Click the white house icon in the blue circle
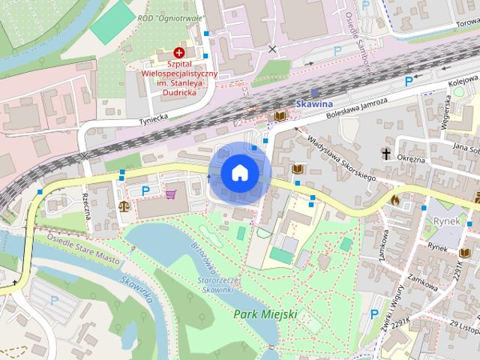point(240,172)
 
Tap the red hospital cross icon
point(179,52)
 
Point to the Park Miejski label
point(265,313)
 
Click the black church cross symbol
point(386,154)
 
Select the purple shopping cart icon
point(170,193)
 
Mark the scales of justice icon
point(124,203)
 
